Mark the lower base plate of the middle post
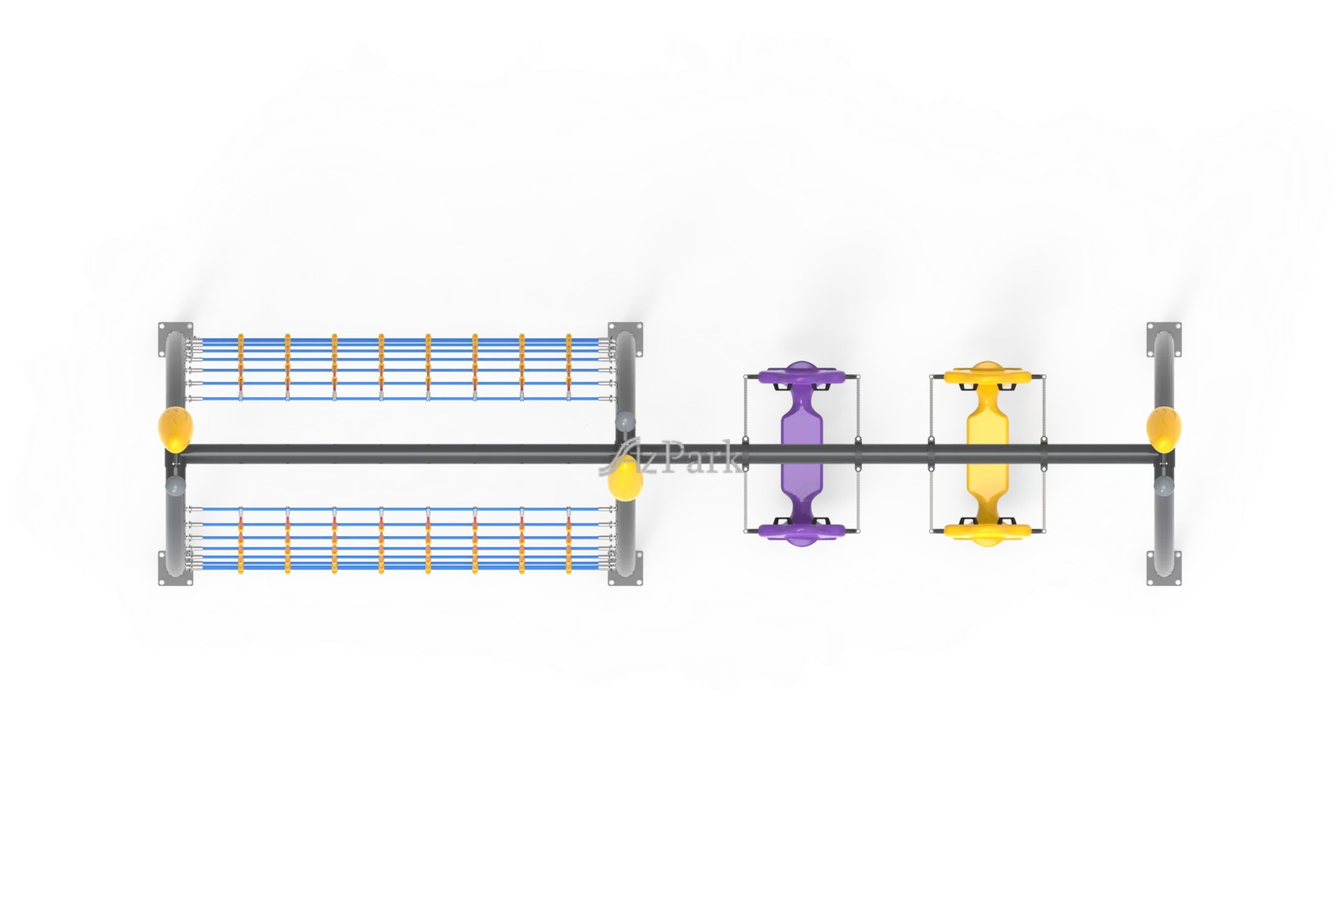[x=626, y=568]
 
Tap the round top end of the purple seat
[x=801, y=374]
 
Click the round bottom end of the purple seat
[x=801, y=532]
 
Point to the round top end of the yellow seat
[x=986, y=374]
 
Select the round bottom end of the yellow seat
[x=986, y=532]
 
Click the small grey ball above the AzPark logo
[x=625, y=420]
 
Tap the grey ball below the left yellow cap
[x=175, y=485]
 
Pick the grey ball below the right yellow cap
[x=1164, y=485]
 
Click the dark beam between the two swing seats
[x=893, y=454]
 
